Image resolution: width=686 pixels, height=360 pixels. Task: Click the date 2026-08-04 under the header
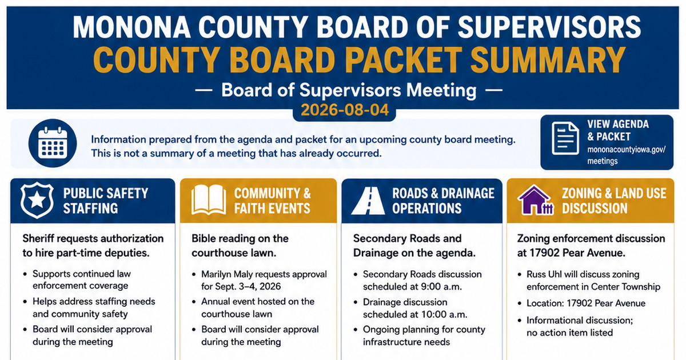tap(345, 110)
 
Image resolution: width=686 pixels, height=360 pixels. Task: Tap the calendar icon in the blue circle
tap(53, 143)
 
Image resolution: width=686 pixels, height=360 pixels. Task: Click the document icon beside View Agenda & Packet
tap(565, 138)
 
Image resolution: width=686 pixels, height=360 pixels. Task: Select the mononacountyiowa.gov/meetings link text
tap(627, 155)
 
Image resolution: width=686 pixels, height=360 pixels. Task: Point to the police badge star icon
tap(37, 200)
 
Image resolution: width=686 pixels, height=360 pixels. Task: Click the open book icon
tap(209, 199)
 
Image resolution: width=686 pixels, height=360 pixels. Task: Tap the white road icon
tap(368, 201)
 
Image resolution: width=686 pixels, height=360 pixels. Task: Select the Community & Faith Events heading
tap(273, 201)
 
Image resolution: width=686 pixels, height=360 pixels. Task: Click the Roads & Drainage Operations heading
tap(443, 201)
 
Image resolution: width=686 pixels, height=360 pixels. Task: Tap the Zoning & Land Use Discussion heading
tap(614, 201)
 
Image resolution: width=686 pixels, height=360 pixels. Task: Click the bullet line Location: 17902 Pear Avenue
tap(586, 303)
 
